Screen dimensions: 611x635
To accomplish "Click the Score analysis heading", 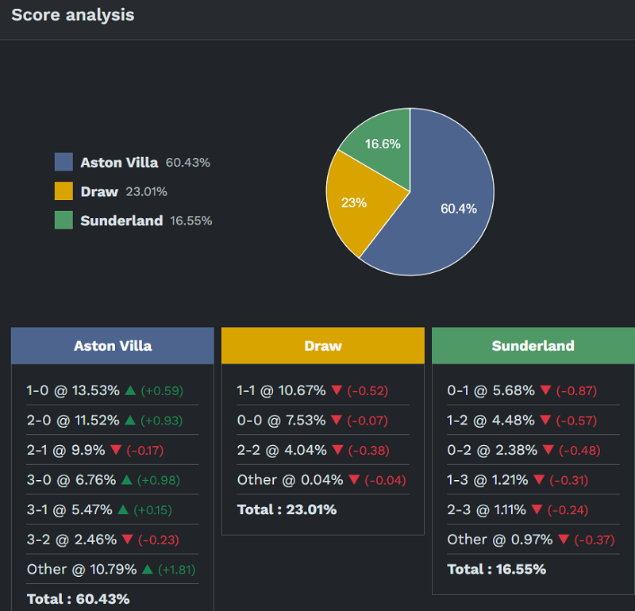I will [73, 15].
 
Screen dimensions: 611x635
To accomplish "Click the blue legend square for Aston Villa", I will [63, 162].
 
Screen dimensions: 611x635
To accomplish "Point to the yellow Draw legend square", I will [63, 191].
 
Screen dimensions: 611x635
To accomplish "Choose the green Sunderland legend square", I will [63, 221].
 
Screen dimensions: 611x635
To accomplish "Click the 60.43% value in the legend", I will [188, 163].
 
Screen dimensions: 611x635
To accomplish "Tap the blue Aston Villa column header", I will [113, 346].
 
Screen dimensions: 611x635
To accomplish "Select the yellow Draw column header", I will [323, 346].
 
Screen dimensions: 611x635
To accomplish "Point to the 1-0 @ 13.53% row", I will [73, 390].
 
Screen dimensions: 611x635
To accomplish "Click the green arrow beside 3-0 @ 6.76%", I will [126, 480].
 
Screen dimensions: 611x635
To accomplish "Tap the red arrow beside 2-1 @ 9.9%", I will [116, 450].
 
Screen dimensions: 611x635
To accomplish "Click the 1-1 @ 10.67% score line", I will [281, 390].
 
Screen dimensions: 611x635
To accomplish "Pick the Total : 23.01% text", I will [287, 509].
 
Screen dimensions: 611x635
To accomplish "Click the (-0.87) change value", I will [576, 390].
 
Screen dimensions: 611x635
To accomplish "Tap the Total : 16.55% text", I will [497, 569].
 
